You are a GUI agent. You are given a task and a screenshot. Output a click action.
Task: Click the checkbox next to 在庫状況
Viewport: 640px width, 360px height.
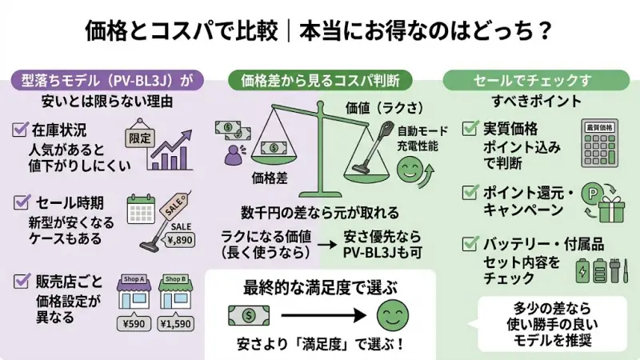(22, 127)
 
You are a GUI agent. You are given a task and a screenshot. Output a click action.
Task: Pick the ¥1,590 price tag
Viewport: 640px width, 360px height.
(176, 324)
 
